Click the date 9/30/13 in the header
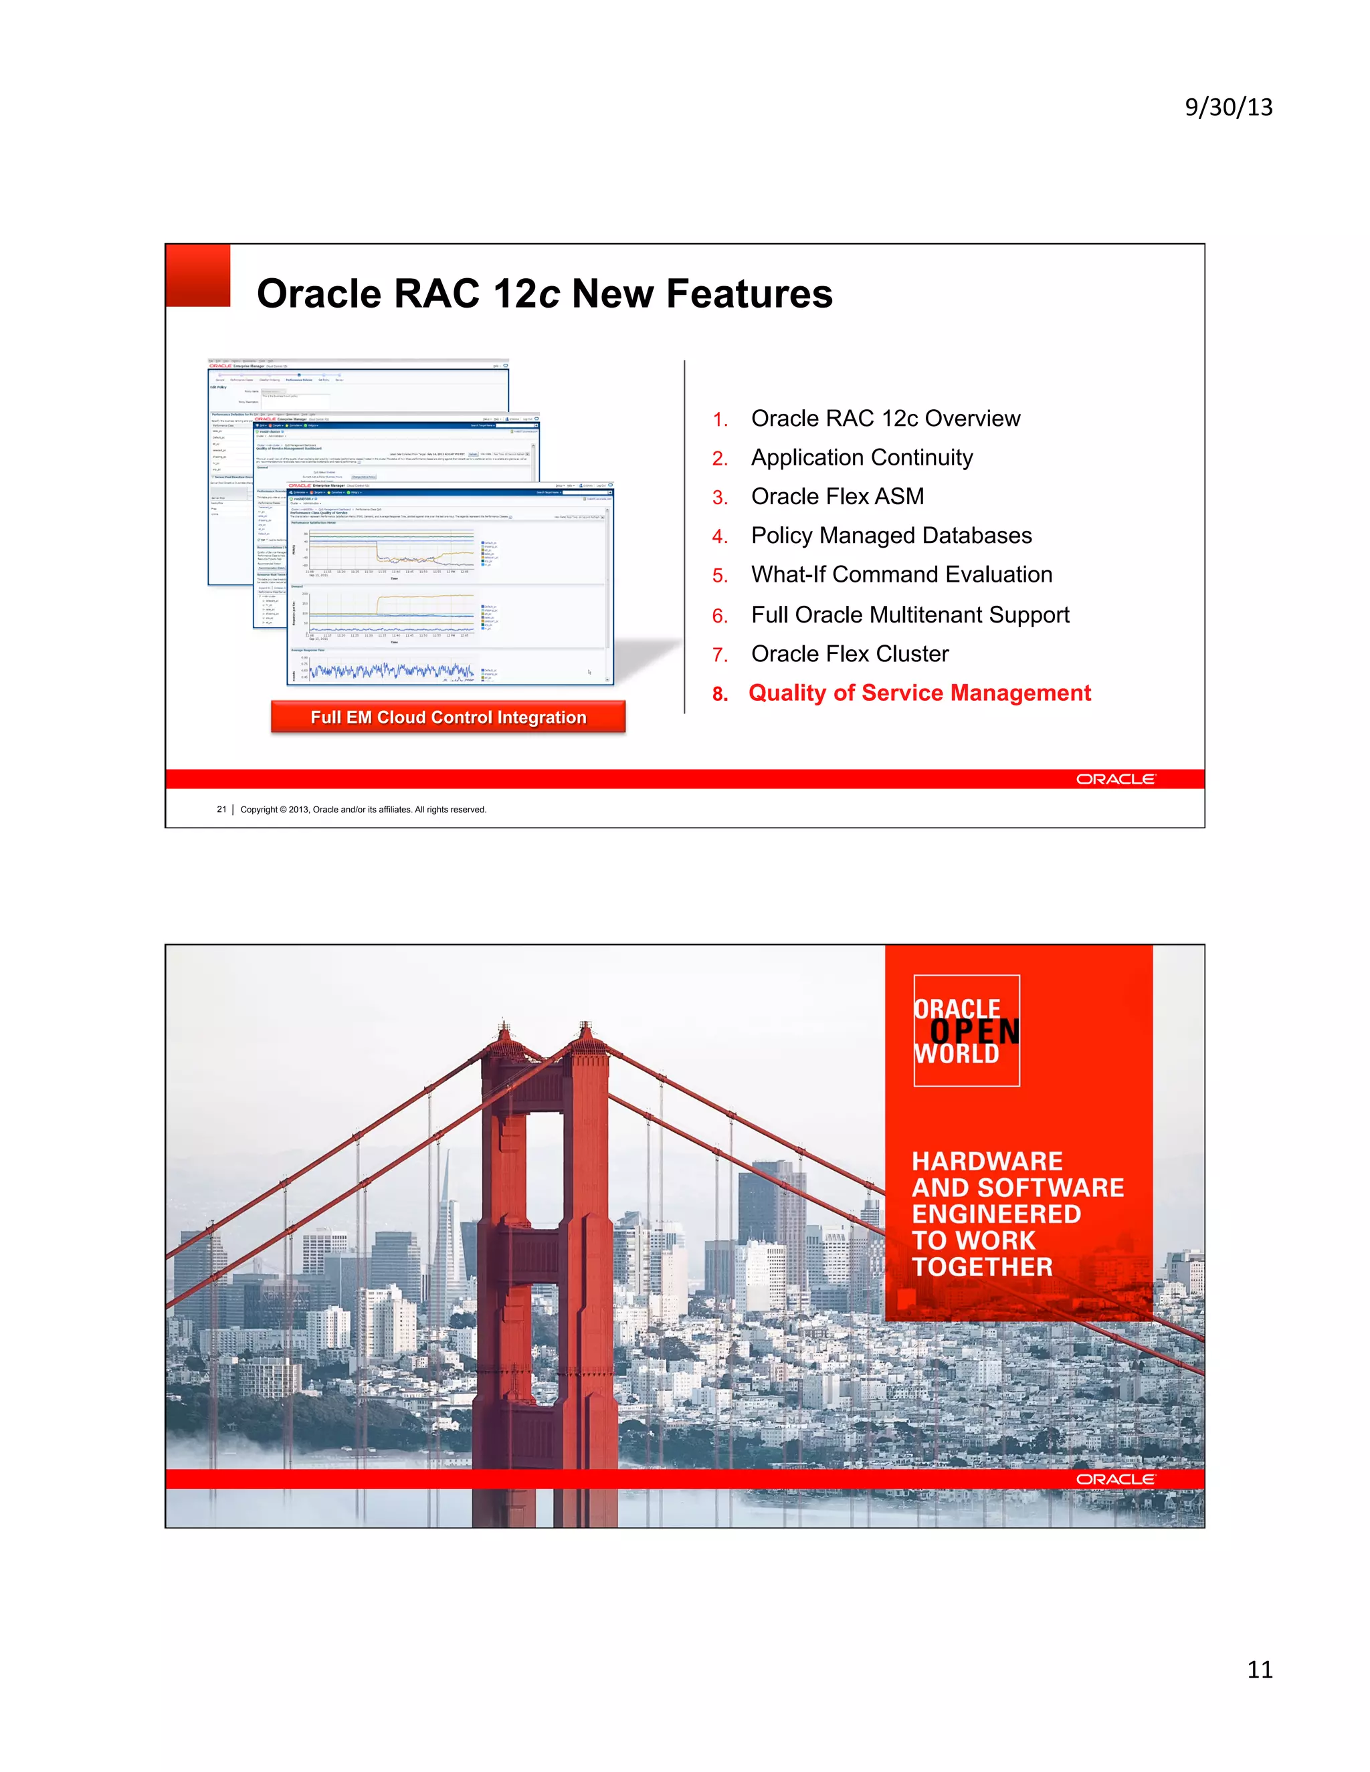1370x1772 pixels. [x=1228, y=107]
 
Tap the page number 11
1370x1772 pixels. [x=1259, y=1669]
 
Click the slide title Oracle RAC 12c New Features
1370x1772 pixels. [x=545, y=294]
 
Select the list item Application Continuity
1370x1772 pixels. [x=861, y=457]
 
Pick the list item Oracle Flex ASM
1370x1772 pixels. [x=837, y=497]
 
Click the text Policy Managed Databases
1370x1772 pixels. [x=890, y=536]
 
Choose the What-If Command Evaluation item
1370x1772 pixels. [x=901, y=574]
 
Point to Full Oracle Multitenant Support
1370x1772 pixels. [x=909, y=615]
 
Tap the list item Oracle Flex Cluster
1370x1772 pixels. [x=849, y=654]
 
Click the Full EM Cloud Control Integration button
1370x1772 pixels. [x=448, y=717]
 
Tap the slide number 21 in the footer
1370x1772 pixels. [x=221, y=809]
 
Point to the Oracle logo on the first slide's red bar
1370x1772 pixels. [x=1115, y=779]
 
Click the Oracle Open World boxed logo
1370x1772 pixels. [x=966, y=1030]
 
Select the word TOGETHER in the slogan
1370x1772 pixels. [x=981, y=1266]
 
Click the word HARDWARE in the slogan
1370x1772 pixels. [x=986, y=1161]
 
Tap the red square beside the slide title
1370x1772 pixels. [x=198, y=275]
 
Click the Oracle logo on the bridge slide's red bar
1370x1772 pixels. [x=1115, y=1479]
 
